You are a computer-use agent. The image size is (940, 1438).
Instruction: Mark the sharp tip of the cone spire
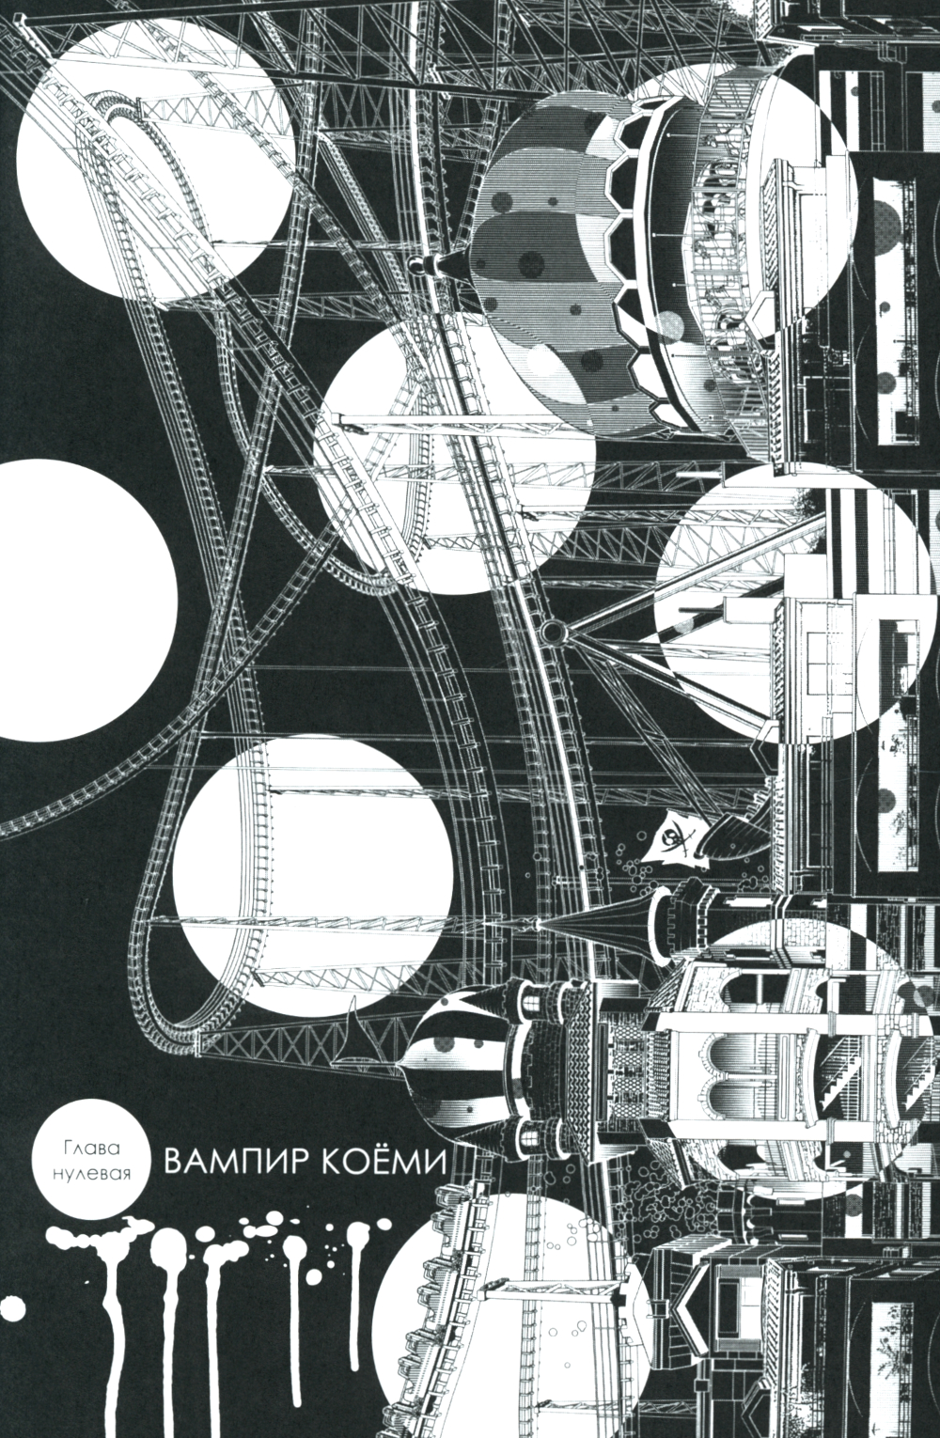(x=538, y=923)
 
